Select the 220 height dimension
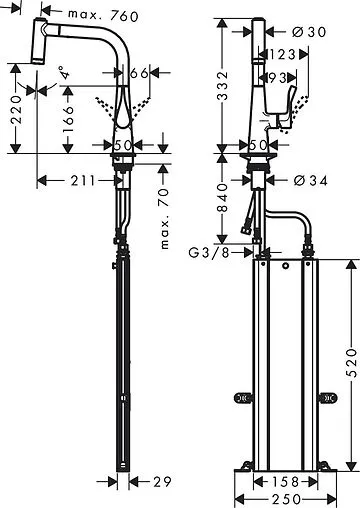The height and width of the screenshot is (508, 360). (15, 106)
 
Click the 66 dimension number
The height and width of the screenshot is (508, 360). (139, 74)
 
